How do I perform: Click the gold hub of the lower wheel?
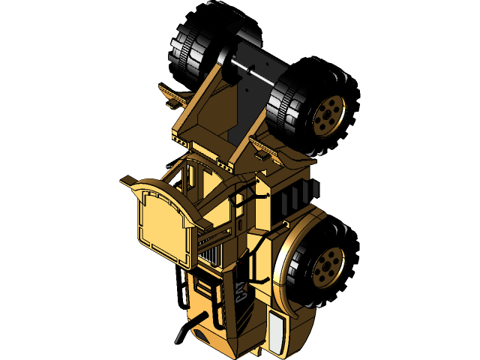point(328,266)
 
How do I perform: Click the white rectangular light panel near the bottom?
point(277,334)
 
